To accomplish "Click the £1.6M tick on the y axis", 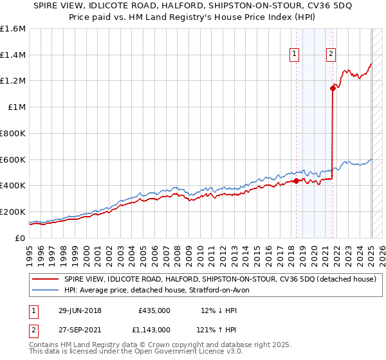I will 13,29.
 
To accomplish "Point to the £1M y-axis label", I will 17,107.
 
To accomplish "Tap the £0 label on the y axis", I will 21,238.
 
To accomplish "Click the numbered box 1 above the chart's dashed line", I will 294,55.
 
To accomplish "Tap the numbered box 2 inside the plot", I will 331,55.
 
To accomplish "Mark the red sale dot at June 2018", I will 296,181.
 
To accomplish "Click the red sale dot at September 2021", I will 333,88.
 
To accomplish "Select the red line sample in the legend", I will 46,279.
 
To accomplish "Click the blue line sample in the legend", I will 46,290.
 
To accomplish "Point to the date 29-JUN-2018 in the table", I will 79,310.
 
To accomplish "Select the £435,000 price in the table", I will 154,310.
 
